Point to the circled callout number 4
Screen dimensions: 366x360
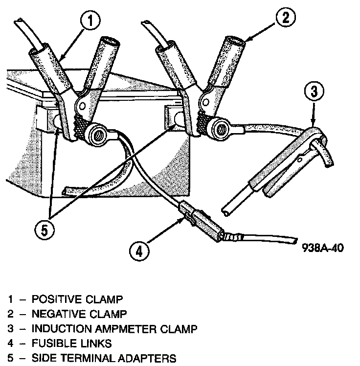138,252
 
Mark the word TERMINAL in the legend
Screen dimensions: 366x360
94,359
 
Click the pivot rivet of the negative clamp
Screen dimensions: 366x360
205,101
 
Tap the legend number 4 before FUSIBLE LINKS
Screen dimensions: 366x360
10,343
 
